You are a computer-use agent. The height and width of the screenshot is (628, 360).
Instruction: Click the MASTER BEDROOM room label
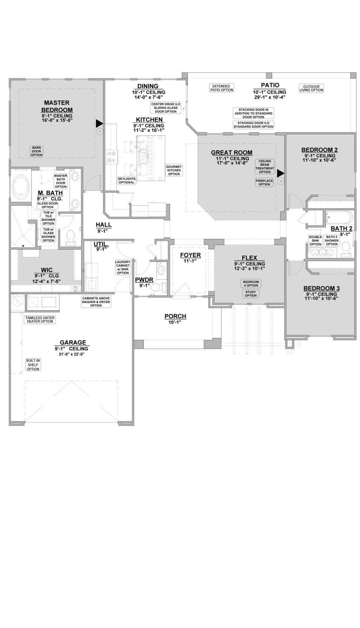tap(57, 106)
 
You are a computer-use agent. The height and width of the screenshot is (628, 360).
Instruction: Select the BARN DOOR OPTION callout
tap(36, 151)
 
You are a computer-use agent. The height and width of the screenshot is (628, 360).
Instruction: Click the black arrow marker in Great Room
tap(280, 173)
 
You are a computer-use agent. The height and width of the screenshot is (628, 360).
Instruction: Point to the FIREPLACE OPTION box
tap(264, 182)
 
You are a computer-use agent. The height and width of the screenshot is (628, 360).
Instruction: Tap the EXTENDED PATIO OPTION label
tap(221, 88)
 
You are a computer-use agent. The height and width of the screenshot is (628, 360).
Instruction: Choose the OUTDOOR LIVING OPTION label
tap(311, 88)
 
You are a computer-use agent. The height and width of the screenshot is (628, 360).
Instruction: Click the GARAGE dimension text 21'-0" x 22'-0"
tap(73, 354)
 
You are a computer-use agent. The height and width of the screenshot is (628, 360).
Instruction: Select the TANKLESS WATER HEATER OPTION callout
tap(39, 319)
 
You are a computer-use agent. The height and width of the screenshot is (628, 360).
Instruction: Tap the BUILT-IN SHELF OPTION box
tap(33, 365)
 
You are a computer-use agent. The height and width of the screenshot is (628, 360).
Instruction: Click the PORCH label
tap(175, 316)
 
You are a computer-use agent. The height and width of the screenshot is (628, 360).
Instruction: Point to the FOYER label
tap(190, 255)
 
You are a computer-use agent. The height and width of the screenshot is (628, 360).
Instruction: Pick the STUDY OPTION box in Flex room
tap(251, 293)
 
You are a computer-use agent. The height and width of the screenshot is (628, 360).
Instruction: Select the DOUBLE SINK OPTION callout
tap(315, 241)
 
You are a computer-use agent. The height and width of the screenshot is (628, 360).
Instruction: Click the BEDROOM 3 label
tap(321, 289)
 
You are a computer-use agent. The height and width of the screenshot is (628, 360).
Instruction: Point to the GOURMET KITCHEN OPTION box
tap(174, 170)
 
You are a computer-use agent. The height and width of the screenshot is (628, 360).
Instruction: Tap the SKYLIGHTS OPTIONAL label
tap(126, 181)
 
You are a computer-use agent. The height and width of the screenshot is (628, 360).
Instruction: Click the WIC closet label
tap(46, 270)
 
